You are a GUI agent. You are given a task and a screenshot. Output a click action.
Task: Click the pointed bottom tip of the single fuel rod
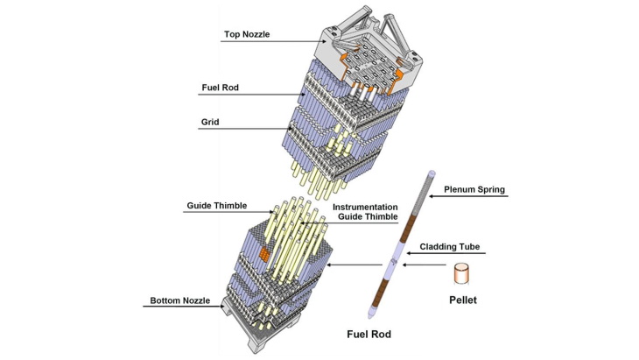point(371,314)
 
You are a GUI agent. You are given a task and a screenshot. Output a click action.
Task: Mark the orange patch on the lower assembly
point(261,253)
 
